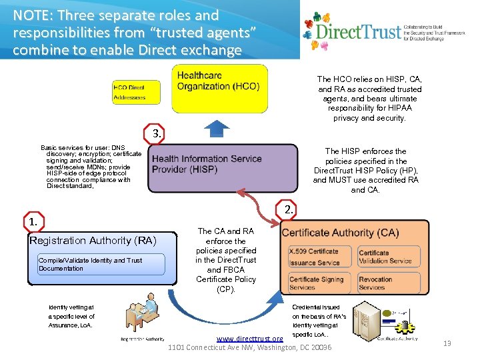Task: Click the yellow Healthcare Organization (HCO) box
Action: pyautogui.click(x=219, y=88)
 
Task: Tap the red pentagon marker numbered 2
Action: pyautogui.click(x=288, y=209)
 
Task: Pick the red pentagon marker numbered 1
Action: pyautogui.click(x=32, y=221)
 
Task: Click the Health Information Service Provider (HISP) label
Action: pyautogui.click(x=207, y=164)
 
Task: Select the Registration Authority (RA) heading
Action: pyautogui.click(x=93, y=240)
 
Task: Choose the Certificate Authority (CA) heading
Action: pyautogui.click(x=340, y=233)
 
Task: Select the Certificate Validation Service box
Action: pyautogui.click(x=391, y=257)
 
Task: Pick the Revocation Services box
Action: pyautogui.click(x=391, y=283)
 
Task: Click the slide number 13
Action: pyautogui.click(x=447, y=343)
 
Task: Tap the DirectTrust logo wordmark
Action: pyautogui.click(x=359, y=31)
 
